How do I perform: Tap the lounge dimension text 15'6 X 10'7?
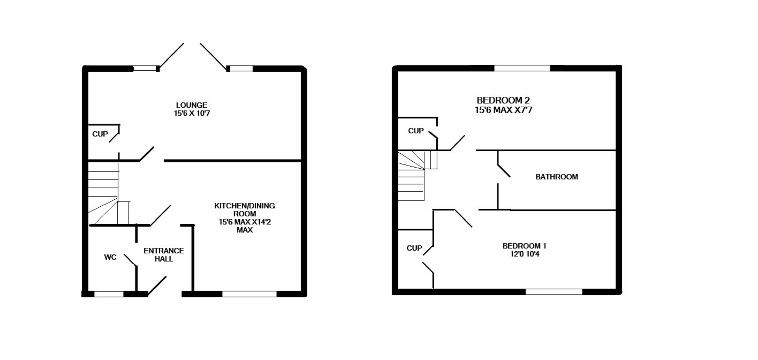coord(192,113)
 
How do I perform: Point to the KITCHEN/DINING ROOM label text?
coord(244,210)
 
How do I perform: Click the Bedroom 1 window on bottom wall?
coord(554,292)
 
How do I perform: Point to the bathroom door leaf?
coord(504,171)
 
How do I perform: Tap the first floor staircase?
coord(412,177)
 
